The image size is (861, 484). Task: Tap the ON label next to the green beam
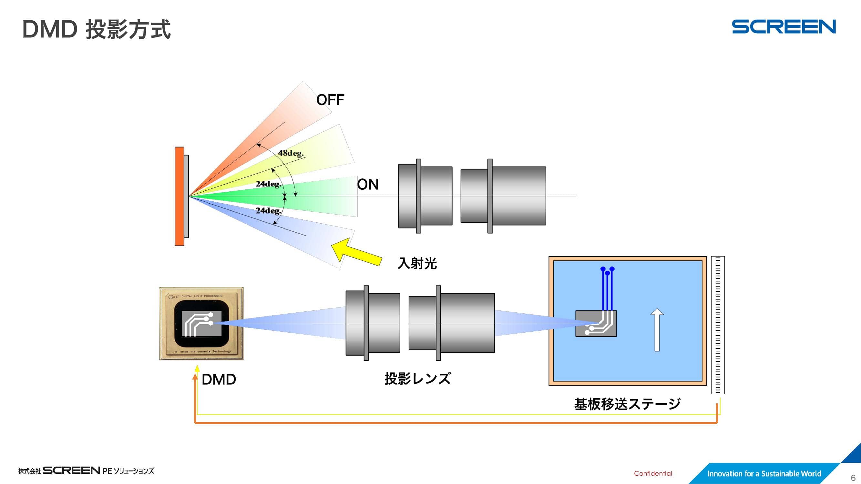tap(368, 184)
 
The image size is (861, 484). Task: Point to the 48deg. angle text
tap(291, 153)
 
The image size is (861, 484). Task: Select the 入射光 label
tap(417, 263)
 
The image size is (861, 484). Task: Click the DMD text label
tap(219, 379)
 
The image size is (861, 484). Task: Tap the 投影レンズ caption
tap(417, 379)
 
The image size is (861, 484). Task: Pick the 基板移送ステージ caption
tap(627, 404)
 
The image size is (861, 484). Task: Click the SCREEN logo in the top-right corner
tap(784, 27)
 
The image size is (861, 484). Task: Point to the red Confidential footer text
tap(653, 473)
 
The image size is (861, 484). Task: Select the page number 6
tap(853, 478)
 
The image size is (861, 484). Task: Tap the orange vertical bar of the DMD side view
tap(179, 197)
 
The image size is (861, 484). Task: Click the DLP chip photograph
tap(201, 323)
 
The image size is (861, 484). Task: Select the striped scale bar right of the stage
tap(718, 325)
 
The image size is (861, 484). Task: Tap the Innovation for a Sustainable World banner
tap(764, 473)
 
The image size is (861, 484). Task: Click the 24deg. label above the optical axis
tap(268, 184)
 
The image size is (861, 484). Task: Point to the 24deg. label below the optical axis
tap(268, 210)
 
